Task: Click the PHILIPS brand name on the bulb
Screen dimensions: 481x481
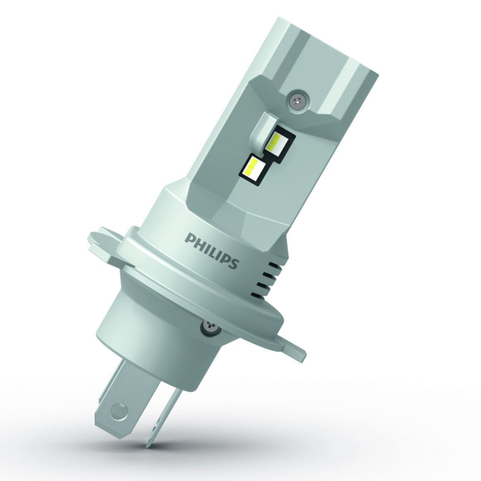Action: pyautogui.click(x=212, y=251)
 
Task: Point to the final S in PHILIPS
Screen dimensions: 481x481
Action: pyautogui.click(x=234, y=264)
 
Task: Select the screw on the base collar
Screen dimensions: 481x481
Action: pyautogui.click(x=209, y=326)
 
